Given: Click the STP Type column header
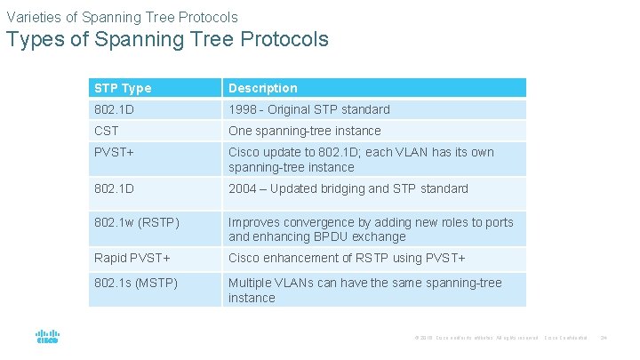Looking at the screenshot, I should [123, 88].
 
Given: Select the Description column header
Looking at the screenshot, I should [263, 88].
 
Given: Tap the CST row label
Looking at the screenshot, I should [107, 131].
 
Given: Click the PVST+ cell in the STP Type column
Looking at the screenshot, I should [113, 152].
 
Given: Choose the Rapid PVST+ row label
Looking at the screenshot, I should [132, 258].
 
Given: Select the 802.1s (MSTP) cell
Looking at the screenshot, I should [135, 283].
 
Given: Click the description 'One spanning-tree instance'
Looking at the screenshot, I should [304, 131].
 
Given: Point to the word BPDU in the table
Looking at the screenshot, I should [328, 236].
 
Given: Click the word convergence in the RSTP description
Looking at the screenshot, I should [323, 222].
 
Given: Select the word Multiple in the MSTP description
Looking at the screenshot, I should [252, 283].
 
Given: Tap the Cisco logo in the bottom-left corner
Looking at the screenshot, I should [47, 338].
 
